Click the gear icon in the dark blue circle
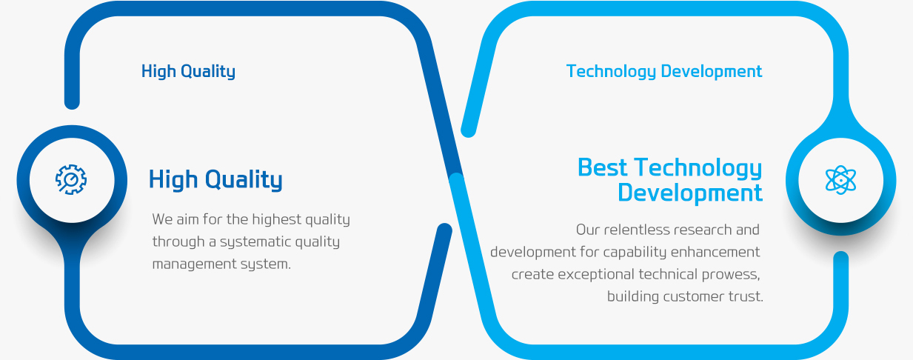coord(71,179)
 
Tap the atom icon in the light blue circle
coord(840,180)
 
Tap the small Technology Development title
coord(664,71)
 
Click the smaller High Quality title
coord(188,71)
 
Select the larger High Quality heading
coord(215,180)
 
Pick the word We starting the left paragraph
coord(163,219)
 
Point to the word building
coord(633,296)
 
